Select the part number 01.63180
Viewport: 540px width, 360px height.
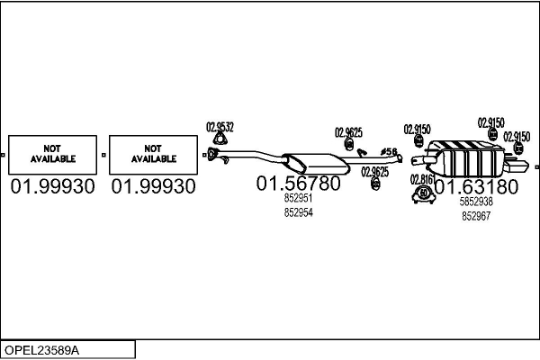pos(476,187)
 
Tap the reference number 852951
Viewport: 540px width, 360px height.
pos(298,199)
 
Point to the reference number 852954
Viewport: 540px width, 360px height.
pos(298,212)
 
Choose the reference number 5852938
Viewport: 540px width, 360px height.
pos(476,202)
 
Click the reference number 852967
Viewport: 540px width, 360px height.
pos(476,216)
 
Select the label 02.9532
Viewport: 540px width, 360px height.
pos(220,127)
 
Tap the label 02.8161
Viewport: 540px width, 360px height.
pos(423,179)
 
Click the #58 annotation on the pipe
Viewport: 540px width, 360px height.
pos(389,151)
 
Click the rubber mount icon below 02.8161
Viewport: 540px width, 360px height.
pos(423,193)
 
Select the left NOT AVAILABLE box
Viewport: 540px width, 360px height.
pos(53,154)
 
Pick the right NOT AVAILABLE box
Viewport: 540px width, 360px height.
pos(153,154)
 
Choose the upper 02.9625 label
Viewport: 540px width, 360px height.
pos(348,132)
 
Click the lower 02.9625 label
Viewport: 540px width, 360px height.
pos(375,171)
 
